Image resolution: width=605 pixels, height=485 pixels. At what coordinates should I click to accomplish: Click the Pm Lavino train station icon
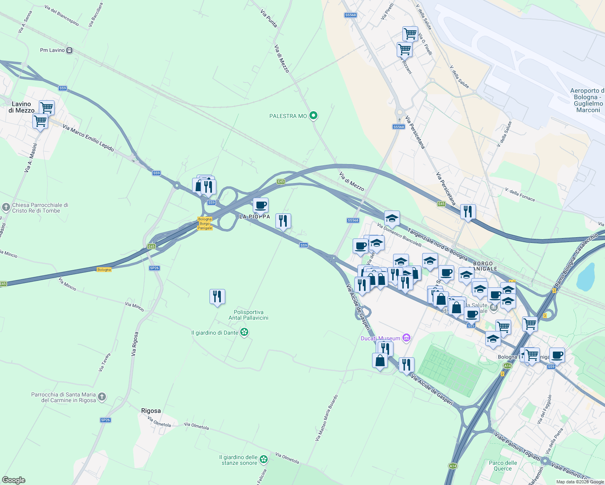tap(70, 50)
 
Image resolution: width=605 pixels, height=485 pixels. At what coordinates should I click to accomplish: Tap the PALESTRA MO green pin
tap(313, 116)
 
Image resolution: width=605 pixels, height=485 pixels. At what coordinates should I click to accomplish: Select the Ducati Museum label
tap(381, 338)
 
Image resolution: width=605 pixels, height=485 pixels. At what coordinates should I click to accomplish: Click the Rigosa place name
tap(151, 411)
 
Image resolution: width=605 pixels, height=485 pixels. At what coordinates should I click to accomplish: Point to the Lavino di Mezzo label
tap(21, 107)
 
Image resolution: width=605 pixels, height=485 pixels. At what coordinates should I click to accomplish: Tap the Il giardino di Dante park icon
tap(244, 332)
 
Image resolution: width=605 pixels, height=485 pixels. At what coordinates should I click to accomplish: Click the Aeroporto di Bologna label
tap(588, 100)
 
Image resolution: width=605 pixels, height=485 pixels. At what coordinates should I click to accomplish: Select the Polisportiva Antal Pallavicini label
tap(248, 315)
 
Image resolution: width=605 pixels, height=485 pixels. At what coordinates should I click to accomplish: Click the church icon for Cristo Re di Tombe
tap(6, 208)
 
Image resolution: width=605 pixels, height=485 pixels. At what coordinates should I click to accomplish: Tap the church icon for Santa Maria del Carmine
tap(102, 397)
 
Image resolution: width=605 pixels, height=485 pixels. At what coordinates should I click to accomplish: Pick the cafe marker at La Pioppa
tap(260, 205)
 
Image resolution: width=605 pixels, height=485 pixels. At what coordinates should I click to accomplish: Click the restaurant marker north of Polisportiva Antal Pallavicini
tap(217, 297)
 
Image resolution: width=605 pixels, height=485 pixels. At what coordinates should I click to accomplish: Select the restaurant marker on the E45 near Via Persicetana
tap(467, 211)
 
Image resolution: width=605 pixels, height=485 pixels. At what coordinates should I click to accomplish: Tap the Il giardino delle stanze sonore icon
tap(264, 459)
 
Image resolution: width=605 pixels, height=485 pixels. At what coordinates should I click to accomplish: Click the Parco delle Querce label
tap(503, 466)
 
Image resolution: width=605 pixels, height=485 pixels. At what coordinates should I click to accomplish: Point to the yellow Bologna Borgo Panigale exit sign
tap(205, 224)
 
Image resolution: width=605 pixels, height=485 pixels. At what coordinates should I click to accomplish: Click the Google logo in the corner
tap(14, 480)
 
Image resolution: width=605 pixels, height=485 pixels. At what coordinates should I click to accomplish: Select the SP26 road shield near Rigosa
tap(105, 420)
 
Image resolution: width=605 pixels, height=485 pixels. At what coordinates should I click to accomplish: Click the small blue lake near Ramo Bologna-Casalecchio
tap(586, 277)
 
